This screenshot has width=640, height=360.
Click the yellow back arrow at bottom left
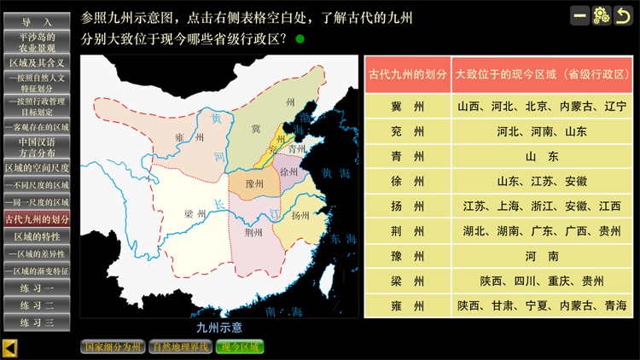pos(10,347)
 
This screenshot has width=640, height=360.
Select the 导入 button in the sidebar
pos(37,20)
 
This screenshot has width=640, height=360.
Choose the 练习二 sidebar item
pos(37,305)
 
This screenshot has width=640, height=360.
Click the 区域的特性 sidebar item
pos(37,235)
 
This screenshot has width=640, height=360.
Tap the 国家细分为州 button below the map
pos(113,347)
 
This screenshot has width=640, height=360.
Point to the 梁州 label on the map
pos(195,214)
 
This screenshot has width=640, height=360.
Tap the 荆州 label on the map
pos(253,232)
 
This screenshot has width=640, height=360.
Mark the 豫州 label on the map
pos(254,183)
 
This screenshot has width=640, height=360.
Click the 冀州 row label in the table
pos(407,107)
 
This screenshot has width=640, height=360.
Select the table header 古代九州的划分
pos(407,74)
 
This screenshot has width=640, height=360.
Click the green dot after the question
pos(300,38)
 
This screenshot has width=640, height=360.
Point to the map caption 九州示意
pos(219,327)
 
